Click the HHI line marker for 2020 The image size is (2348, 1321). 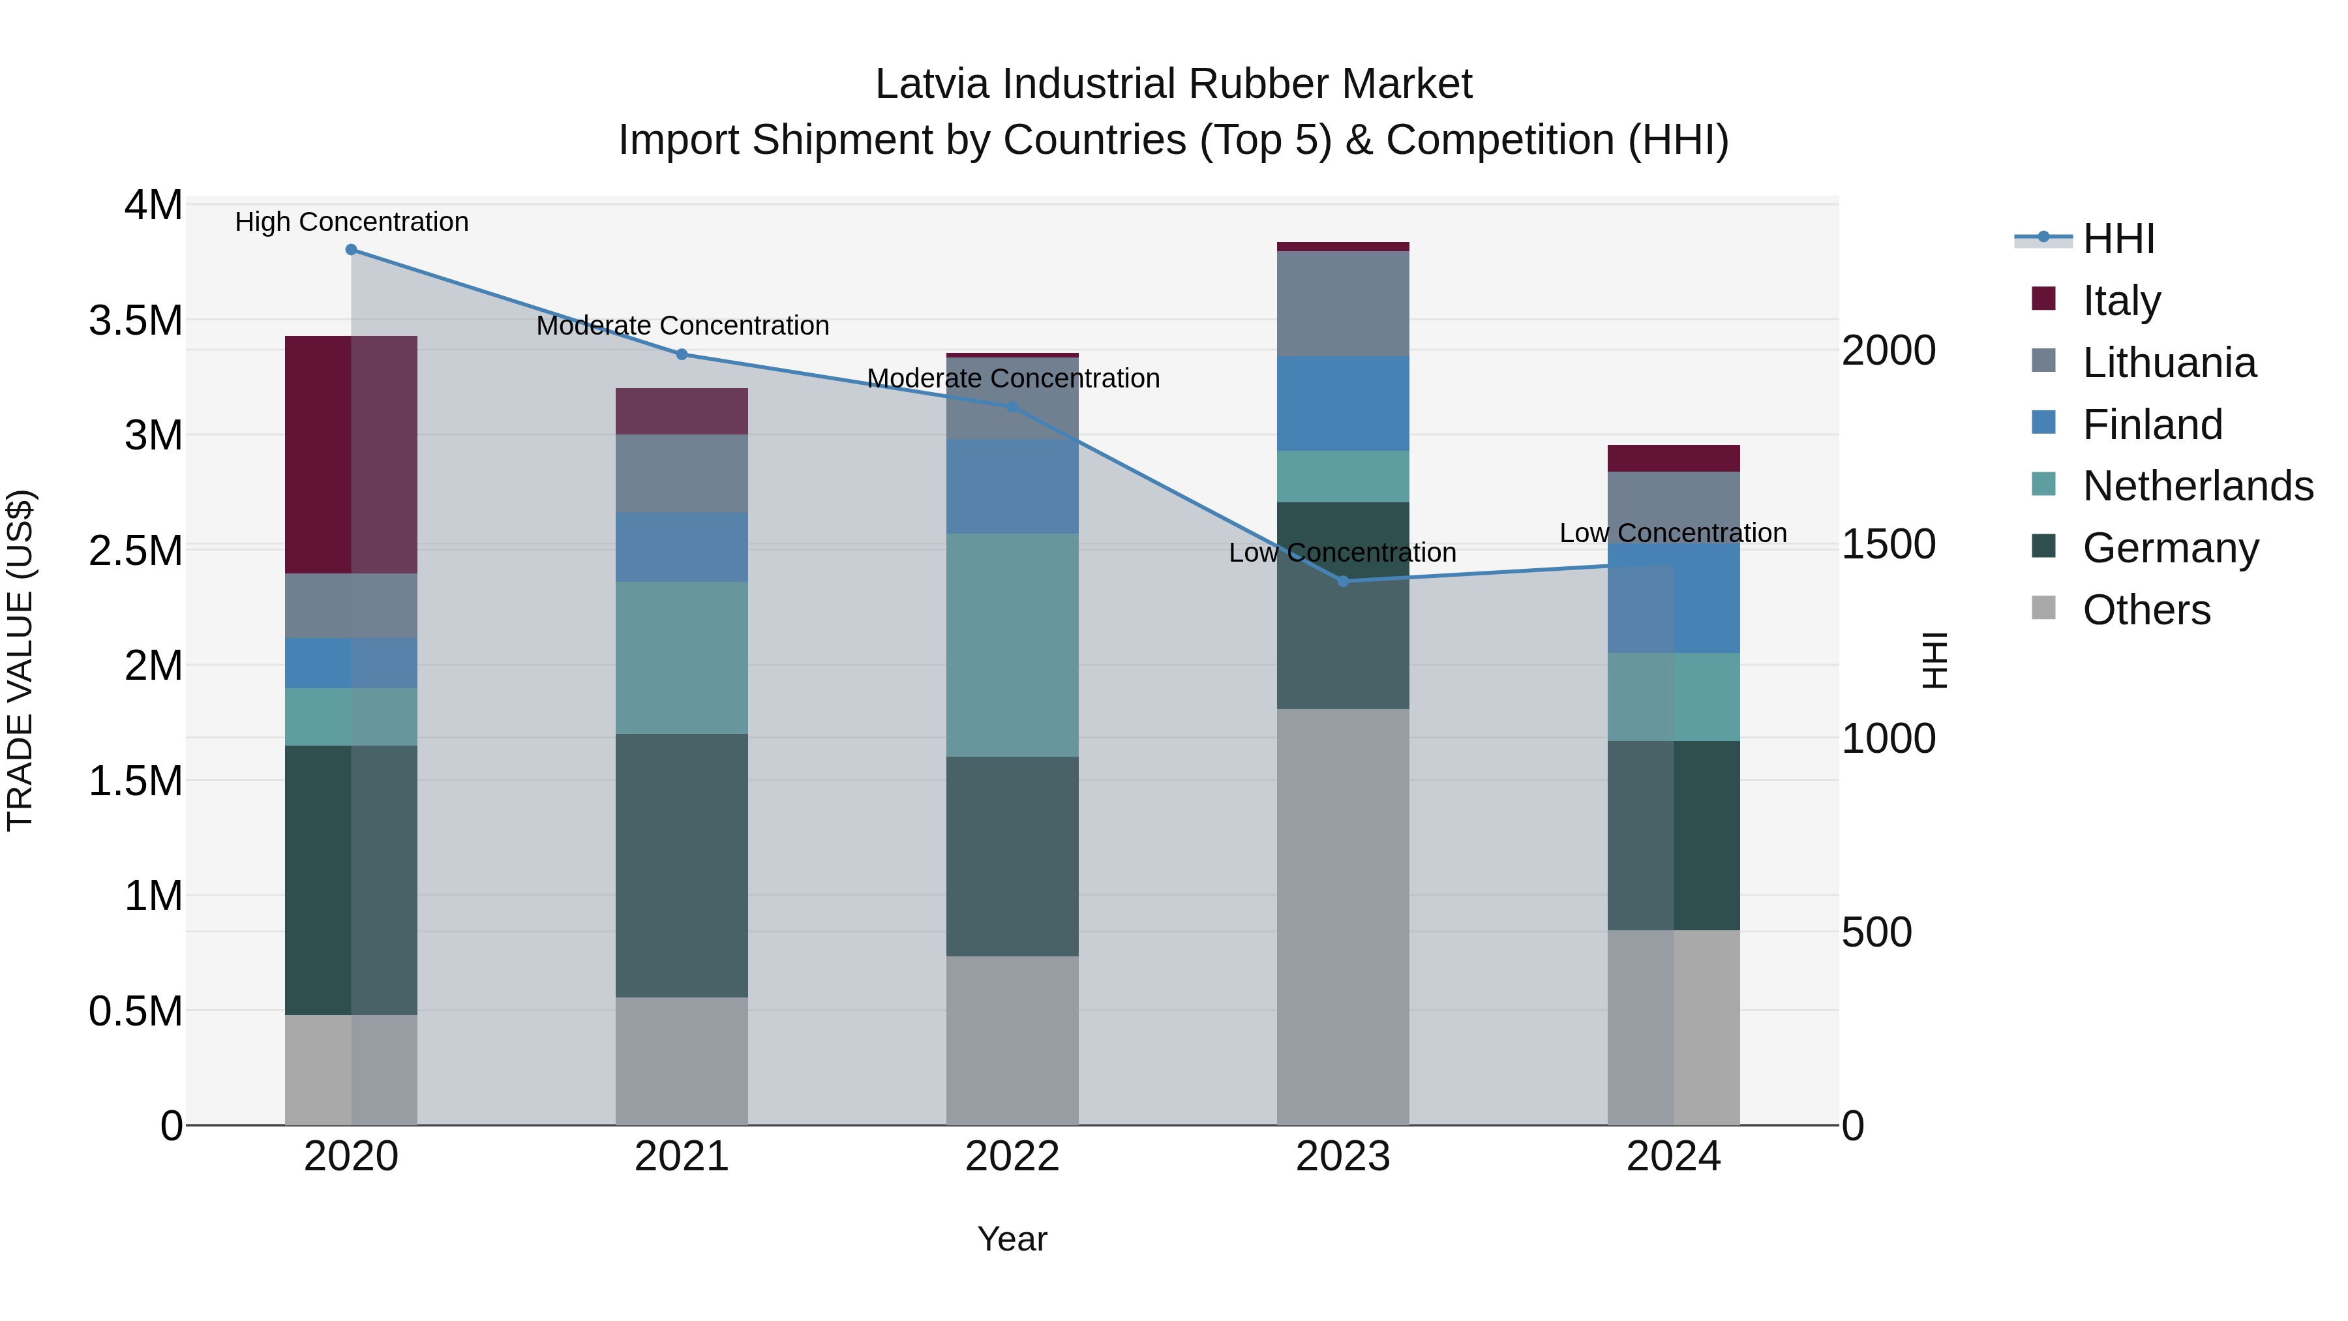351,250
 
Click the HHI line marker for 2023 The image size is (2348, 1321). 1343,581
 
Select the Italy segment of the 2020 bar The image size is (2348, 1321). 351,454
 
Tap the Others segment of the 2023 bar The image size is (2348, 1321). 1343,917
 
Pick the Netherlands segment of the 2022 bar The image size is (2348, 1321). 1012,645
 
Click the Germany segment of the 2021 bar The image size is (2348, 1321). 682,864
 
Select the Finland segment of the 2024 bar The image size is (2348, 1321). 1674,598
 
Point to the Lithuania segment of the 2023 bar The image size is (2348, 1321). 1343,303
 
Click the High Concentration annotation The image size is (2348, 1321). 352,222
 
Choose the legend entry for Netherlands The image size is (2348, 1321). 2197,486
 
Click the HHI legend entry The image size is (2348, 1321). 2117,239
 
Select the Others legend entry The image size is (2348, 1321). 2146,610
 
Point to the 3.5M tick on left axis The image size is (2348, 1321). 136,321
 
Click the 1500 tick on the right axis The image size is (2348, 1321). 1888,544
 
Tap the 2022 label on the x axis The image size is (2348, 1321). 1012,1157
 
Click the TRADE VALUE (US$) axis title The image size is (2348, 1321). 20,660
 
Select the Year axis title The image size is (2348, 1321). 1012,1239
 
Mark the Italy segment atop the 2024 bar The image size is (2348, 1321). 1674,458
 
